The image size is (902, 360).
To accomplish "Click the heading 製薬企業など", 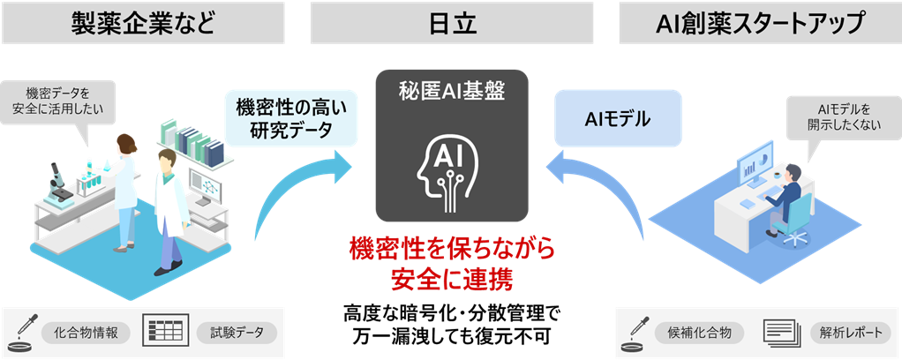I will (x=143, y=24).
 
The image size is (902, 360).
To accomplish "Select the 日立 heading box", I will (x=451, y=24).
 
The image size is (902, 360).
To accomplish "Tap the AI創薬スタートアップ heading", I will (x=759, y=24).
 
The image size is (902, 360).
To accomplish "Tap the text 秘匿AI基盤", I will (x=451, y=92).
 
